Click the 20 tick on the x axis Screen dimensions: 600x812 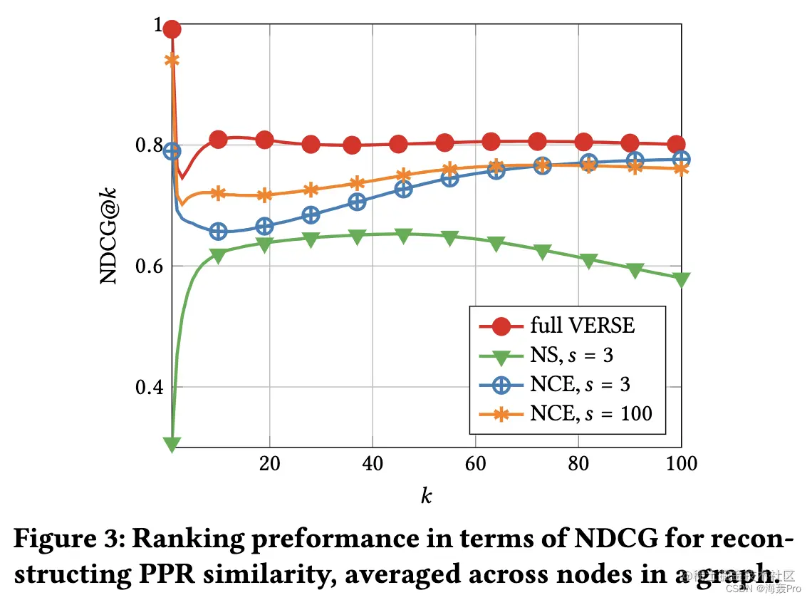pyautogui.click(x=269, y=463)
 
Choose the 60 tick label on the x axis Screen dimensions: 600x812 pyautogui.click(x=475, y=463)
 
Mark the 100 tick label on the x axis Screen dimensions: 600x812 pyautogui.click(x=682, y=463)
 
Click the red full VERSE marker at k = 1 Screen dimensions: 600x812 pyautogui.click(x=172, y=29)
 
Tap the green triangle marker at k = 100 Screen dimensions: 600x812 pyautogui.click(x=682, y=279)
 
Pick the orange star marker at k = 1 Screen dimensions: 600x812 pyautogui.click(x=172, y=60)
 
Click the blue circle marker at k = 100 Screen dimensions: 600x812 pyautogui.click(x=682, y=159)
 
